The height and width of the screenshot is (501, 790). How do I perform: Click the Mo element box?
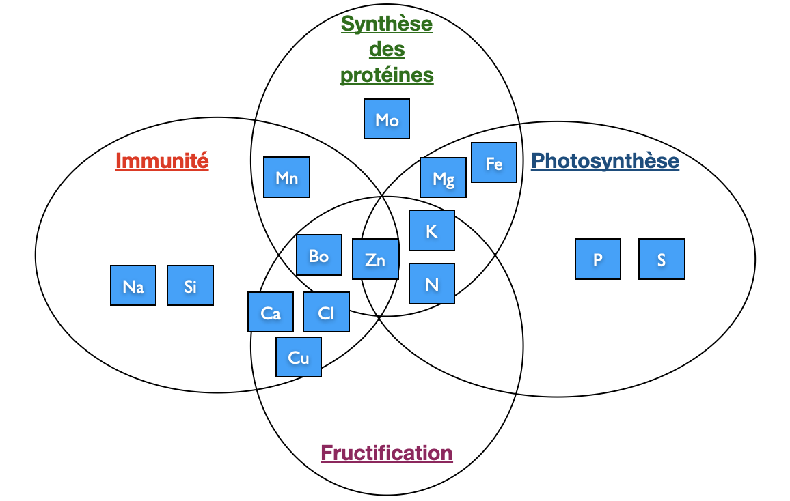[387, 119]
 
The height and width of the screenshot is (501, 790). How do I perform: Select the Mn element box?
[286, 177]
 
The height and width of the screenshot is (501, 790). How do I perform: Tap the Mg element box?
[444, 178]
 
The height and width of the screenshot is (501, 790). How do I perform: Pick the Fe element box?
[494, 163]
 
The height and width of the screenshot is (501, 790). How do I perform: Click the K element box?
[431, 231]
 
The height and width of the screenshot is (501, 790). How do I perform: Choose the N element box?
[431, 283]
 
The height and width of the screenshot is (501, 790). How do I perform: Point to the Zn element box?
[375, 259]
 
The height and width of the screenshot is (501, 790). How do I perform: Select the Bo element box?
[319, 255]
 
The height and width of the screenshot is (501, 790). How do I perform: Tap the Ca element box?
[271, 313]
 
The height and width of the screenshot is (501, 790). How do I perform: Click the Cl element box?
[326, 313]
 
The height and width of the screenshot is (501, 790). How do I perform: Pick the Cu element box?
[299, 357]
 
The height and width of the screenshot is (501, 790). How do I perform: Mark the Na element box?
[133, 285]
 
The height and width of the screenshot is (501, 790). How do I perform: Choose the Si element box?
[190, 285]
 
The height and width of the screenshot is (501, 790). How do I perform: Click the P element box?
[598, 259]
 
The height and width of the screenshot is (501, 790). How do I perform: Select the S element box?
[662, 259]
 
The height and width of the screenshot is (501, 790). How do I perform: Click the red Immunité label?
[162, 161]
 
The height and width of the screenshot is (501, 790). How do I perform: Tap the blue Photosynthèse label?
[605, 161]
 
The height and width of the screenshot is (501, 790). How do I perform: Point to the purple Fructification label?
[387, 453]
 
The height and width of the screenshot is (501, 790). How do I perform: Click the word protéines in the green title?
[387, 74]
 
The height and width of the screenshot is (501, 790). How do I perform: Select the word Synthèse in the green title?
[387, 24]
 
